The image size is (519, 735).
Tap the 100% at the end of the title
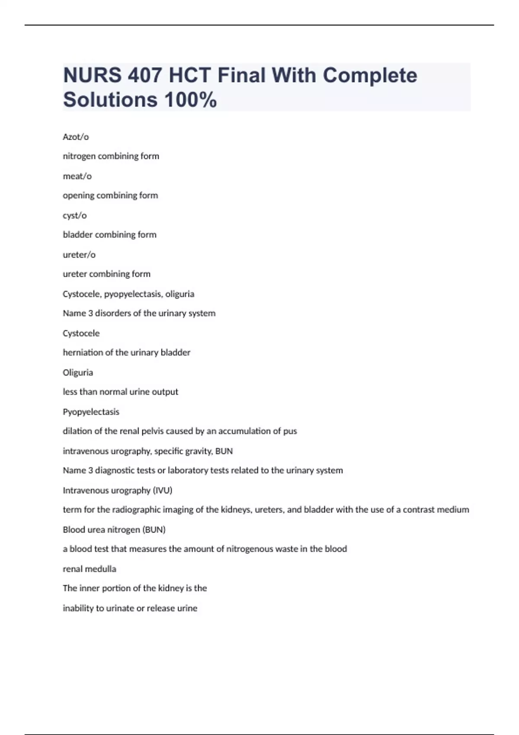pyautogui.click(x=190, y=99)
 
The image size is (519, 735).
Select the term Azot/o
pyautogui.click(x=76, y=137)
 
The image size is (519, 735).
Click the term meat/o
pyautogui.click(x=77, y=176)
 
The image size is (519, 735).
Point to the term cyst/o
pyautogui.click(x=74, y=215)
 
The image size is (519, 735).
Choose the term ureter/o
pyautogui.click(x=79, y=255)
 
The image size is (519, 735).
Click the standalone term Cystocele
pyautogui.click(x=81, y=333)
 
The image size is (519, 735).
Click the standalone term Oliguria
pyautogui.click(x=78, y=373)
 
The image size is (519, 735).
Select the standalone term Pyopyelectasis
pyautogui.click(x=91, y=412)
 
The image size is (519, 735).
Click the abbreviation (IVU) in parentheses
pyautogui.click(x=163, y=490)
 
